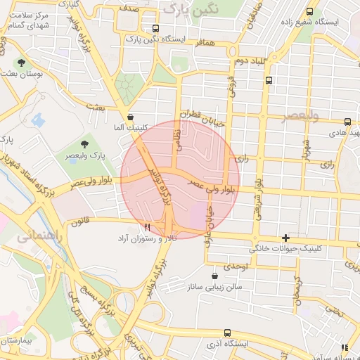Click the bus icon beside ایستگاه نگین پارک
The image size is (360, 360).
[x=155, y=30]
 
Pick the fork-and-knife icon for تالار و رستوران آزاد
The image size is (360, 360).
[x=147, y=228]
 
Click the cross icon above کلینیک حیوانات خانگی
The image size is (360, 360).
[x=285, y=238]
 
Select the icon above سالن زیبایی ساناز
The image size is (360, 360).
[x=214, y=276]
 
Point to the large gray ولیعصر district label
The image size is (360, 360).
[x=300, y=115]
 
